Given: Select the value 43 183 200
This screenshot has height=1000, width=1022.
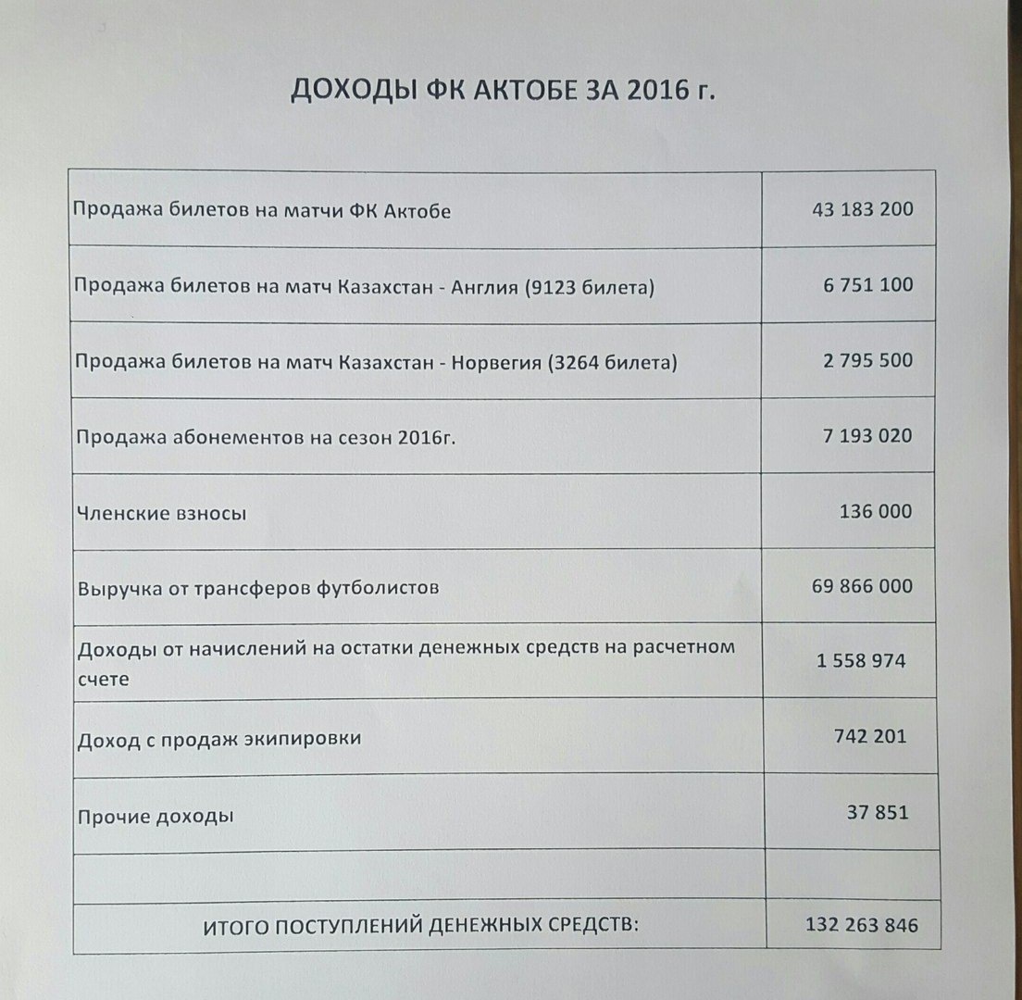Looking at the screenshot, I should (862, 209).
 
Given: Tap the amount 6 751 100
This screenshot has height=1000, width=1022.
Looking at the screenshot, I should (866, 285).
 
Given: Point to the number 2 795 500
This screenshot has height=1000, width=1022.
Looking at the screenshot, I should (867, 360).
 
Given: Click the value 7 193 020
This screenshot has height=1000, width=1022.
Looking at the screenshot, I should (867, 435).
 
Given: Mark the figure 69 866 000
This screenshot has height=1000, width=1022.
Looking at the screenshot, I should (861, 586).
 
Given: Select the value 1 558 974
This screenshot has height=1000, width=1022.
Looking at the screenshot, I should (861, 661).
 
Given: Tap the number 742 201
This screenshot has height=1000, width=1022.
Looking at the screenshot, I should (870, 737).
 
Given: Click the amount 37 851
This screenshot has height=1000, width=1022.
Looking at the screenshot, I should (878, 813).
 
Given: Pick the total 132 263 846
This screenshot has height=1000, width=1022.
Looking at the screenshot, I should (861, 924).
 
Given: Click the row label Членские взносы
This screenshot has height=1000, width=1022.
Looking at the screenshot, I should (162, 513).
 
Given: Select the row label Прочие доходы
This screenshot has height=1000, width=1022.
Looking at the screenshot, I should (156, 817).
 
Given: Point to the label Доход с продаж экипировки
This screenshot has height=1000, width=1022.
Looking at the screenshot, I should (219, 739).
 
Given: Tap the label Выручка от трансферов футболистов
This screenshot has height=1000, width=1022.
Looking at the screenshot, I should (258, 588).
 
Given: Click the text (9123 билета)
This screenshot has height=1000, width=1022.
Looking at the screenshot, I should (589, 288).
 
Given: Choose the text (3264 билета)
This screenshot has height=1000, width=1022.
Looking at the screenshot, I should (612, 363).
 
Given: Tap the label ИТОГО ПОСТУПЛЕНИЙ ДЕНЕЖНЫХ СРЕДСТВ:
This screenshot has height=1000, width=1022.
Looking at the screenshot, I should (421, 925).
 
